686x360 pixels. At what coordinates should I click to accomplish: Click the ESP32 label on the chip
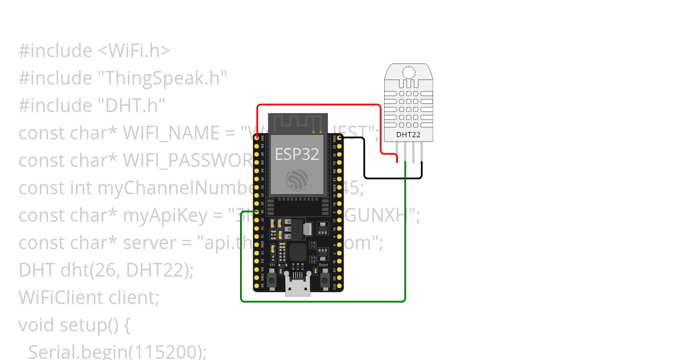[x=297, y=154]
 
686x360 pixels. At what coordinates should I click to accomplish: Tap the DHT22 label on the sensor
[x=408, y=135]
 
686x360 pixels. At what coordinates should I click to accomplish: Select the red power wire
[x=320, y=105]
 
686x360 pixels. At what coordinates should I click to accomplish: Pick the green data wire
[x=320, y=301]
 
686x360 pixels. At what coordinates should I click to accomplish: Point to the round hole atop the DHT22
[x=409, y=72]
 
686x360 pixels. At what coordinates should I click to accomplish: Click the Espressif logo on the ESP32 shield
[x=297, y=180]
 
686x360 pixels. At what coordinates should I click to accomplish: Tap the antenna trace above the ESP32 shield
[x=297, y=122]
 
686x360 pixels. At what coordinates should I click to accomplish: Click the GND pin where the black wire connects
[x=340, y=138]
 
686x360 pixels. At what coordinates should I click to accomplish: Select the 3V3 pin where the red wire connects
[x=257, y=138]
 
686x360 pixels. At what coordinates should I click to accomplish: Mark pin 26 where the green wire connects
[x=257, y=211]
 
